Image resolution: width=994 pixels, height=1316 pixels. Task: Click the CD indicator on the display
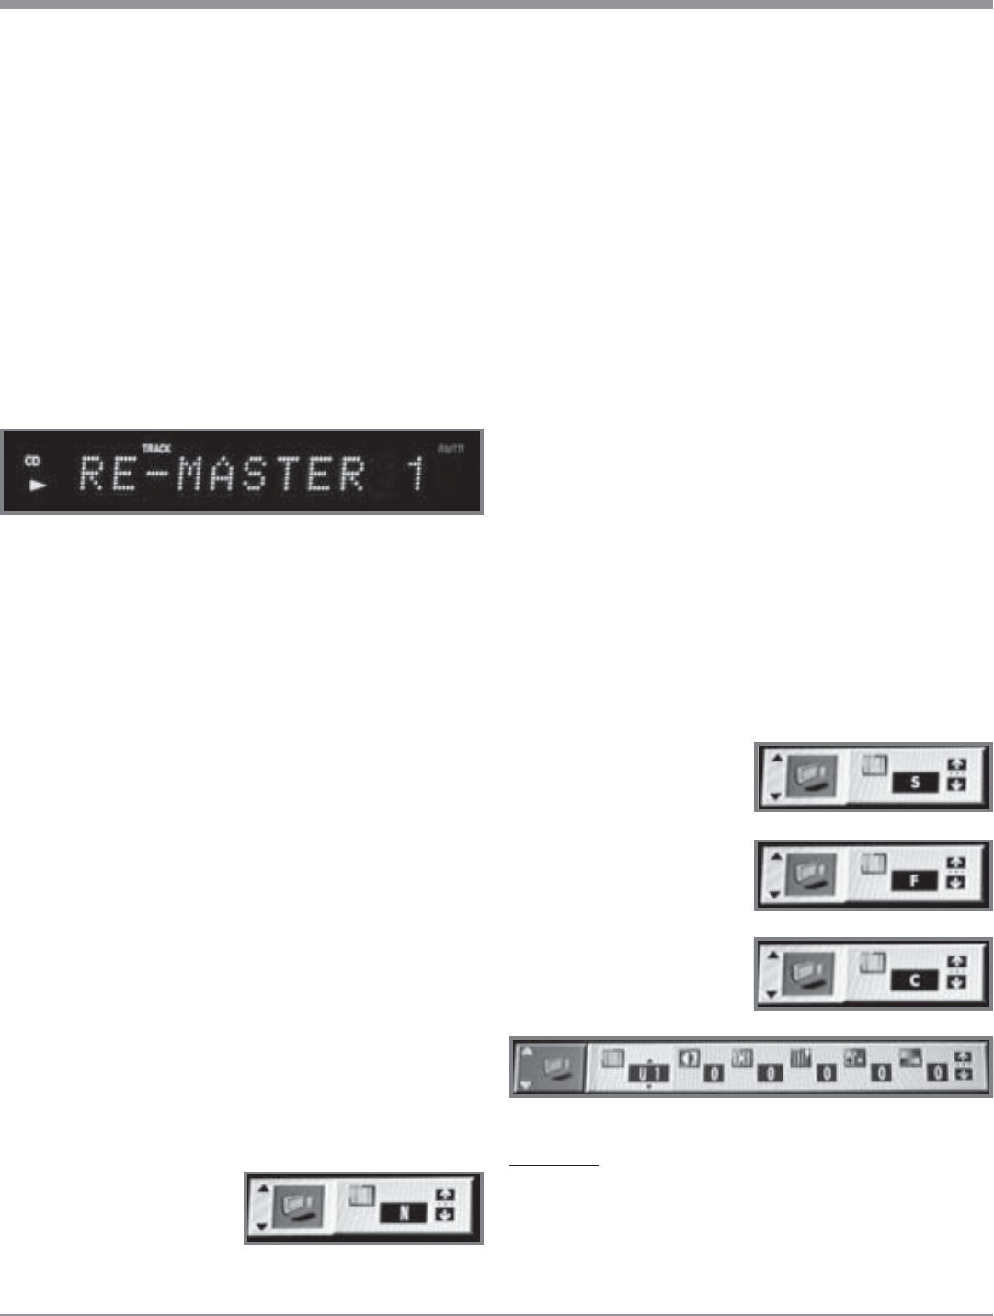click(x=32, y=461)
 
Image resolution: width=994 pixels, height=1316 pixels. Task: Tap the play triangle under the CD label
click(x=37, y=485)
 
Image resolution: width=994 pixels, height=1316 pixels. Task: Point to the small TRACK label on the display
click(x=156, y=449)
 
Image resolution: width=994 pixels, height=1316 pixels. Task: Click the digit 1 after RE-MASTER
click(x=417, y=474)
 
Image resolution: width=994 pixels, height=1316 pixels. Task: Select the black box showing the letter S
click(x=915, y=783)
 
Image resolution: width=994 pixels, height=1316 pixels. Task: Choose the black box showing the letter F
click(x=914, y=881)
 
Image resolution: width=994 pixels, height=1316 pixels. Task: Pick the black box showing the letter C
click(x=914, y=980)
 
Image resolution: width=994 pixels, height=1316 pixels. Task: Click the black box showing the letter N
click(x=404, y=1214)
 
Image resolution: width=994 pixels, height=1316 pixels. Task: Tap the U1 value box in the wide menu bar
click(x=649, y=1073)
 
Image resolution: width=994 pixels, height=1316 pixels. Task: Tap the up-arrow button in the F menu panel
click(x=956, y=864)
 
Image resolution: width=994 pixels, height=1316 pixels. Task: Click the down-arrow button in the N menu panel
click(x=445, y=1215)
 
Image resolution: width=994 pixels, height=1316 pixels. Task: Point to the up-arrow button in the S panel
click(x=956, y=765)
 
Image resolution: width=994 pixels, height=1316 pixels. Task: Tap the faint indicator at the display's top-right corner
click(x=451, y=449)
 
